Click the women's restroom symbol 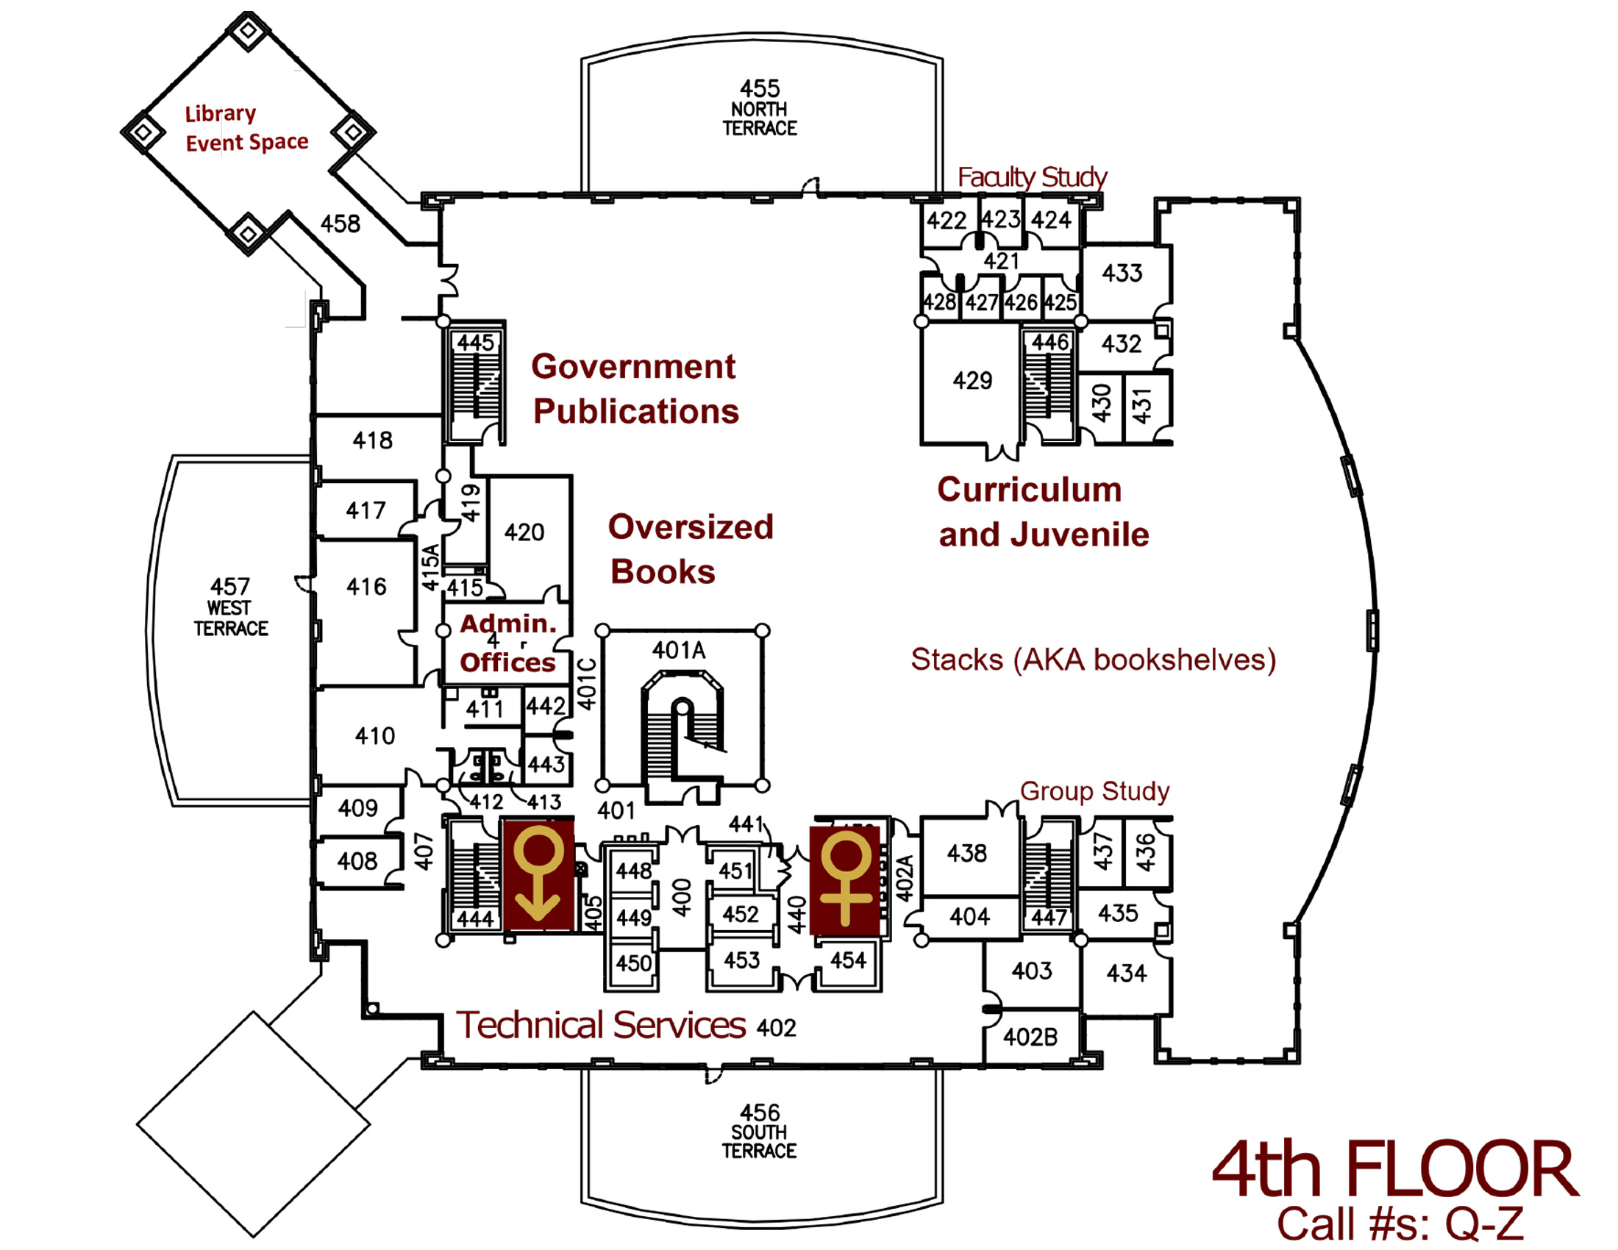click(x=845, y=879)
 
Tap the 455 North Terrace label click(x=760, y=108)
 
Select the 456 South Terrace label click(x=760, y=1132)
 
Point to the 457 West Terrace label click(x=230, y=607)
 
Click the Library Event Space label click(x=246, y=128)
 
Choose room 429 click(x=972, y=382)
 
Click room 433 click(x=1122, y=274)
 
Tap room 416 click(x=366, y=587)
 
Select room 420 click(x=524, y=532)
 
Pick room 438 click(x=966, y=853)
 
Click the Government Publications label click(x=635, y=389)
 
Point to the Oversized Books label click(x=690, y=549)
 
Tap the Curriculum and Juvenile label click(x=1042, y=512)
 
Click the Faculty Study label click(x=1031, y=177)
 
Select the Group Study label click(x=1094, y=791)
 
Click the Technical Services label click(x=601, y=1025)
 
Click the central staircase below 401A click(x=683, y=733)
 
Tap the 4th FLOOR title click(x=1395, y=1171)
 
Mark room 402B click(x=1030, y=1037)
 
